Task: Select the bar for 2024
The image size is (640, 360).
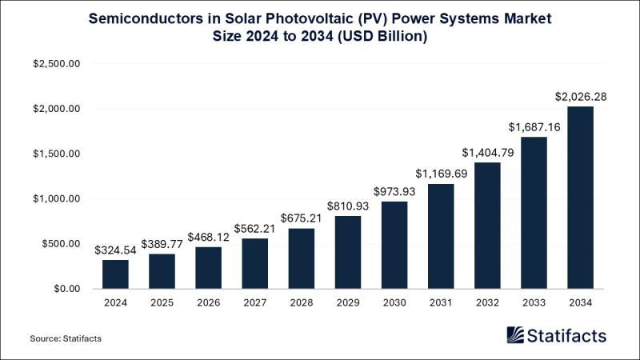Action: [116, 274]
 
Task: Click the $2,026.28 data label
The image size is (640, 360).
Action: [581, 97]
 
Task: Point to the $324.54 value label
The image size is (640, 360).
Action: [116, 250]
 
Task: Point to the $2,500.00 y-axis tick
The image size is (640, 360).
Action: [57, 64]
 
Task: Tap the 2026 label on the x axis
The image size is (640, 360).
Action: [209, 304]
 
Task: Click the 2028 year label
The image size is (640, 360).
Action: [302, 304]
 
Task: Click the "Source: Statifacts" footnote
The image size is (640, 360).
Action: [66, 339]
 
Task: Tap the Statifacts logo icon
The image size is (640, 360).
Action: [516, 335]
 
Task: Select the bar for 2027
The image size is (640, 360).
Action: [255, 263]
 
